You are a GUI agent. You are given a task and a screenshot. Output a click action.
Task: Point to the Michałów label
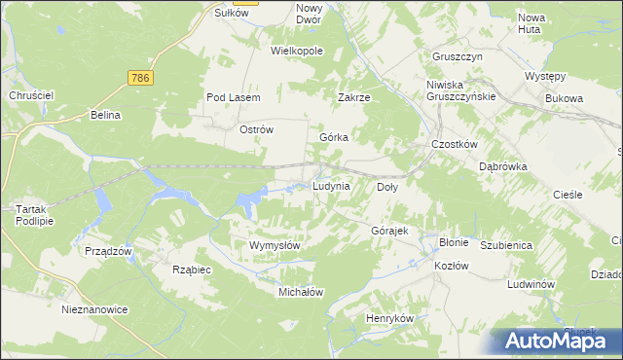(x=301, y=292)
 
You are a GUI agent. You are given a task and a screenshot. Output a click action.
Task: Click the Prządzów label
(x=108, y=251)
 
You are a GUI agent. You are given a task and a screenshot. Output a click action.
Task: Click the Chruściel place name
(x=30, y=95)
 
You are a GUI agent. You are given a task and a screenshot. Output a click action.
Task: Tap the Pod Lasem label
(x=230, y=97)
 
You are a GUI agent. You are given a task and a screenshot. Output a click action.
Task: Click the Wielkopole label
(x=297, y=50)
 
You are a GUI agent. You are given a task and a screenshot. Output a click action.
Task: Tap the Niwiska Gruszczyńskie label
(x=462, y=90)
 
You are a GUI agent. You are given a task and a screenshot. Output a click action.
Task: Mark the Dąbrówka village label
(x=502, y=166)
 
